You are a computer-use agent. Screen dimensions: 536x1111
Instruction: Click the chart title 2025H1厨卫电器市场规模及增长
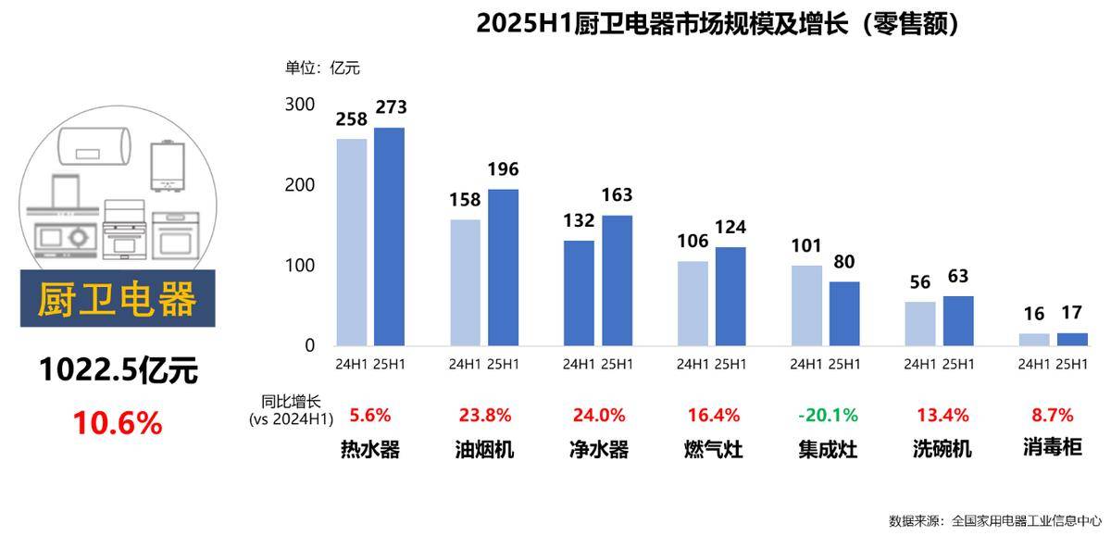coord(718,23)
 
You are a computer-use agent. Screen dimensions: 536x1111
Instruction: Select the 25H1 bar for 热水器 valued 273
coord(389,236)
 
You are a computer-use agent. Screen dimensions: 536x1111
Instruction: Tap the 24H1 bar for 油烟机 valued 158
coord(465,282)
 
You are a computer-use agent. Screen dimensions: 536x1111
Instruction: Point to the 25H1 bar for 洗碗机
coord(958,320)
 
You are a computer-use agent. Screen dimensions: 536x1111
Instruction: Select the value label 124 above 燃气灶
coord(730,227)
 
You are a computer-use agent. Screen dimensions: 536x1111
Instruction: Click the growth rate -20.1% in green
coord(828,415)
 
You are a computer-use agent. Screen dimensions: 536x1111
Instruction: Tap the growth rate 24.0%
coord(597,415)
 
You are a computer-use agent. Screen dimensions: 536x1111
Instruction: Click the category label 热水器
coord(370,450)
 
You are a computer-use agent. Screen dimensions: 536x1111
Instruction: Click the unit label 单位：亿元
coord(321,68)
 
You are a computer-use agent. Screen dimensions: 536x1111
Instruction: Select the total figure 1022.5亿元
coord(118,371)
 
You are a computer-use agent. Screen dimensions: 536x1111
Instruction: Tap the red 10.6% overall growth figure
coord(118,423)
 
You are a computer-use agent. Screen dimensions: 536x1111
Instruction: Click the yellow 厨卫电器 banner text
coord(118,299)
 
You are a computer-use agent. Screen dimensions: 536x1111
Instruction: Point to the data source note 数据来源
coord(995,520)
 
